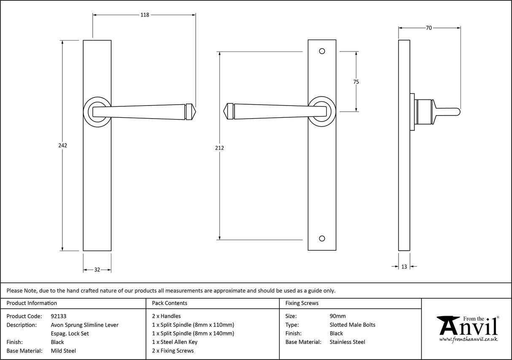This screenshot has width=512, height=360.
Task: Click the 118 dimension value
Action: click(x=144, y=15)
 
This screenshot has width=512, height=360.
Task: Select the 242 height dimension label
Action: click(x=62, y=145)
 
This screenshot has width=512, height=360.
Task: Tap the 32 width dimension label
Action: click(x=97, y=270)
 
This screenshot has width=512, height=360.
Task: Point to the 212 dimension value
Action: click(x=219, y=148)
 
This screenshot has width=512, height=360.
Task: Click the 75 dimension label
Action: click(x=356, y=82)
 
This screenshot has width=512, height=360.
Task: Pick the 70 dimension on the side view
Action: click(x=428, y=28)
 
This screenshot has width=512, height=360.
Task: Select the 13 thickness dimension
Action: click(x=404, y=266)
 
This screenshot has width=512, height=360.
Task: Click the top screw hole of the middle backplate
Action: click(x=322, y=51)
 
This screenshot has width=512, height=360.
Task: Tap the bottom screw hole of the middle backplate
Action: click(x=322, y=238)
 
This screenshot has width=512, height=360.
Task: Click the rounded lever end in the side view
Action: click(x=457, y=111)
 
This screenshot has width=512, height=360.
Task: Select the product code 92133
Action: click(x=58, y=316)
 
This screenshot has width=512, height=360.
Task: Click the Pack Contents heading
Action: click(x=170, y=303)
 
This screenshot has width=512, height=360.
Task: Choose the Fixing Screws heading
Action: click(x=302, y=303)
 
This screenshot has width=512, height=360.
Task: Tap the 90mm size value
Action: click(x=337, y=316)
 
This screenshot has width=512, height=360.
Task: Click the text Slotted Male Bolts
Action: click(x=352, y=325)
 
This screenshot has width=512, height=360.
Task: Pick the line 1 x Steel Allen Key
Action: click(x=175, y=342)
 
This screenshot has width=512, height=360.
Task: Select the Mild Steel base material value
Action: click(x=63, y=351)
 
